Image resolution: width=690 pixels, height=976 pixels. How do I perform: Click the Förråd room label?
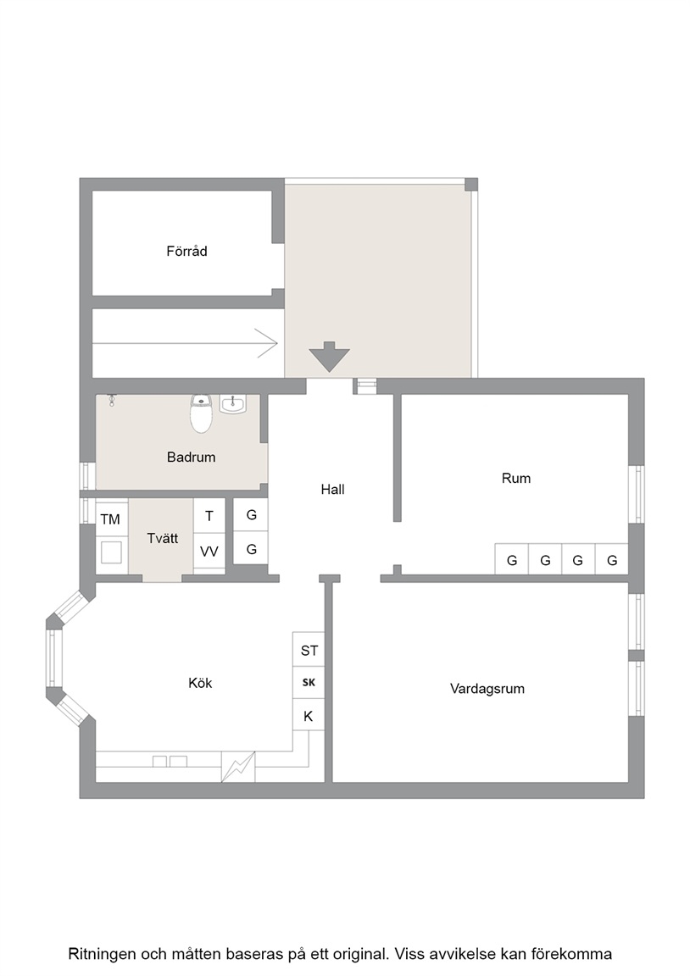[x=186, y=252]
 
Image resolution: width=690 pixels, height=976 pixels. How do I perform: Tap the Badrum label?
[x=192, y=457]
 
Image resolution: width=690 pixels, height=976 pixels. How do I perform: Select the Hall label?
[x=332, y=489]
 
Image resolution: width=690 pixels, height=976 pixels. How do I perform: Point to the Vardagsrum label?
[x=487, y=689]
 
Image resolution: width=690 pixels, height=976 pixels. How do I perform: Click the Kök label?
[x=200, y=683]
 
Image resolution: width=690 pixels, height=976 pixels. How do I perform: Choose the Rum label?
[x=516, y=478]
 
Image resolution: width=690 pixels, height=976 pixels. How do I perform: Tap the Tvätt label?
[x=163, y=539]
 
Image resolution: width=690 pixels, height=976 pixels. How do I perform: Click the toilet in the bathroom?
[x=202, y=413]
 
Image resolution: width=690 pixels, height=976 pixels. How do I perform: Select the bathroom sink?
[x=233, y=405]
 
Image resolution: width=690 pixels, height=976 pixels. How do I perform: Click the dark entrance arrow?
[x=330, y=357]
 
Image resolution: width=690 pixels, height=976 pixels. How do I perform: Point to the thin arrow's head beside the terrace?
[x=269, y=343]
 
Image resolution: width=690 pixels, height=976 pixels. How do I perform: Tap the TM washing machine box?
[x=111, y=519]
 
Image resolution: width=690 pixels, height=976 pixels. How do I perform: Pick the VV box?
[x=209, y=552]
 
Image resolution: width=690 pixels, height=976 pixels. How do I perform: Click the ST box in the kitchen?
[x=309, y=651]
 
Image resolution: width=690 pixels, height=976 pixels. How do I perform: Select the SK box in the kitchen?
[x=309, y=683]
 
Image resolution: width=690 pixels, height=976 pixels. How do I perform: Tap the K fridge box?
[x=309, y=717]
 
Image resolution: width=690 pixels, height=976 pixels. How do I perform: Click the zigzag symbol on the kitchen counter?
[x=238, y=767]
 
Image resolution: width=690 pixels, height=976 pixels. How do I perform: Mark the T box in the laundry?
[x=209, y=516]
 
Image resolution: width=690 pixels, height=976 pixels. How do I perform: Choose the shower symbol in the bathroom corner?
[x=112, y=400]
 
